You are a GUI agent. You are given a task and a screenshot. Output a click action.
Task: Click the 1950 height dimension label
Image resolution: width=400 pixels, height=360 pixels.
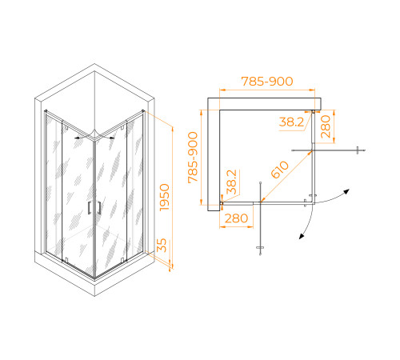(x=165, y=197)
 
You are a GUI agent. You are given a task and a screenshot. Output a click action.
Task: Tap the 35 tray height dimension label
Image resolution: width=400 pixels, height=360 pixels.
(x=162, y=246)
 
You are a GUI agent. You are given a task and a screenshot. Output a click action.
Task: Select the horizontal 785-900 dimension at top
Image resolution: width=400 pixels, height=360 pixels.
(x=267, y=82)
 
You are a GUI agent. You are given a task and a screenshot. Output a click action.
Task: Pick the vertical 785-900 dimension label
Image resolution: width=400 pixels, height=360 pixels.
(x=193, y=158)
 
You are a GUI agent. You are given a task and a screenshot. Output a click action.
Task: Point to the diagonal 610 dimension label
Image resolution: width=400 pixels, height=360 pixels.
(x=279, y=170)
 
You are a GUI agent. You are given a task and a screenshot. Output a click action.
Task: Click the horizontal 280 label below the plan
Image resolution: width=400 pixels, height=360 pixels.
(x=236, y=218)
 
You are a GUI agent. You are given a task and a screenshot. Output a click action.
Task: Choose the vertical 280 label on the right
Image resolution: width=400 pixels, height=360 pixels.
(x=326, y=126)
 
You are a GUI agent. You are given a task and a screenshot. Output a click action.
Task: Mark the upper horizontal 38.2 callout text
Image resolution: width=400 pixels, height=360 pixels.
(x=291, y=122)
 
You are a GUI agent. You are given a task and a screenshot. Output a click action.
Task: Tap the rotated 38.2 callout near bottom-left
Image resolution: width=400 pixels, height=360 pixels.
(x=232, y=182)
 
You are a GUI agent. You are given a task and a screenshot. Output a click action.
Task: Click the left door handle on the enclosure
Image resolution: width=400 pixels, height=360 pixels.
(x=89, y=208)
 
